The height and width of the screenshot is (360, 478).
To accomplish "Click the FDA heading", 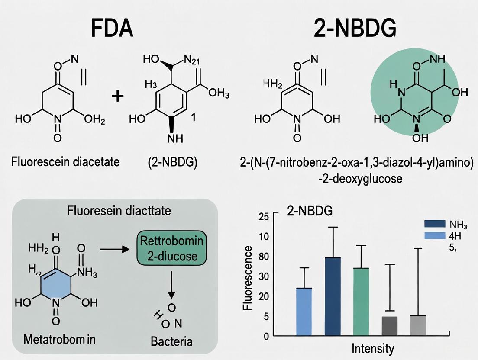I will pyautogui.click(x=112, y=28).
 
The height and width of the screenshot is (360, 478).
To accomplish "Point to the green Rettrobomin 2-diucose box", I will pyautogui.click(x=172, y=248).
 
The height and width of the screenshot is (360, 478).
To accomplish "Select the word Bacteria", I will pyautogui.click(x=171, y=341).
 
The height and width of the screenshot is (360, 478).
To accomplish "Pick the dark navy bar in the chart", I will pyautogui.click(x=333, y=296).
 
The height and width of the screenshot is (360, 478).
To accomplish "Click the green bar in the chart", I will pyautogui.click(x=361, y=302).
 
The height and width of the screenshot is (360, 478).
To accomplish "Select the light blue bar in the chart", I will pyautogui.click(x=304, y=312).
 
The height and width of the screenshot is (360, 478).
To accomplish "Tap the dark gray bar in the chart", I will pyautogui.click(x=390, y=326).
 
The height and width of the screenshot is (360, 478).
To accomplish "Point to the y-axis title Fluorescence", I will pyautogui.click(x=248, y=278).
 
